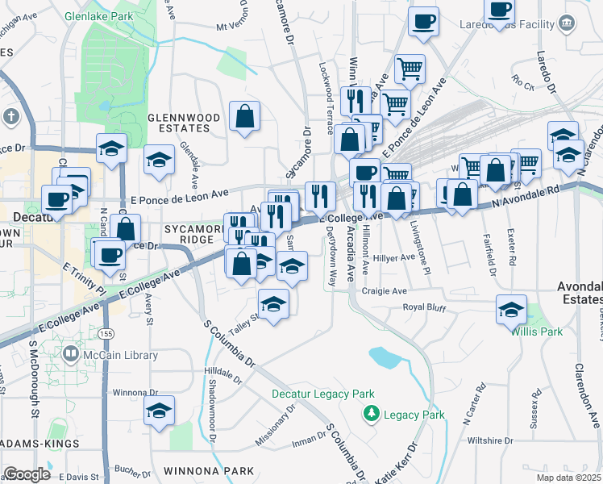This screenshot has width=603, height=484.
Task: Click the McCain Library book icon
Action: pos(72,353)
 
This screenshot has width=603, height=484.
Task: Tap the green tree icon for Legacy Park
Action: pos(372,415)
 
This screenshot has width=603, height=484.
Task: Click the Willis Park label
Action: pos(536,331)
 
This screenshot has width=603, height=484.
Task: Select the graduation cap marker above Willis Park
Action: pos(512,310)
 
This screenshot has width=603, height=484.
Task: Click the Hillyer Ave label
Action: pos(394,257)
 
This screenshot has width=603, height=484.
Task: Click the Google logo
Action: pos(27,474)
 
